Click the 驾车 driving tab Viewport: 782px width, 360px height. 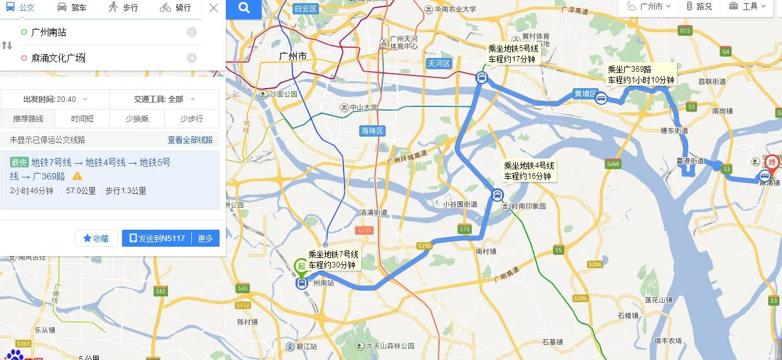[x=72, y=8]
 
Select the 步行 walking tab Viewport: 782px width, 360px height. [x=123, y=8]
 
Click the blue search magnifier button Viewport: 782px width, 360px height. [x=244, y=9]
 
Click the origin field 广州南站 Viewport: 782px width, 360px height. [x=101, y=32]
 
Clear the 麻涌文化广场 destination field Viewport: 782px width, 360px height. [x=192, y=58]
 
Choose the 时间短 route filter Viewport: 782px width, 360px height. [x=82, y=118]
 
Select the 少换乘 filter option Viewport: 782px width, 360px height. [x=137, y=118]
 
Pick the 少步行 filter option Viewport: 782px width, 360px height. [x=192, y=118]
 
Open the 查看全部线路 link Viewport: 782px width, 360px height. [x=190, y=140]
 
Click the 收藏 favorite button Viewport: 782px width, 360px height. [x=96, y=239]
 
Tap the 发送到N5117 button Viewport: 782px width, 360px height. [x=157, y=239]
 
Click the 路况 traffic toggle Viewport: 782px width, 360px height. [x=699, y=7]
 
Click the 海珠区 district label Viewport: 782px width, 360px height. [x=372, y=131]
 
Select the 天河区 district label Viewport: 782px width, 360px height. [x=439, y=64]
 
